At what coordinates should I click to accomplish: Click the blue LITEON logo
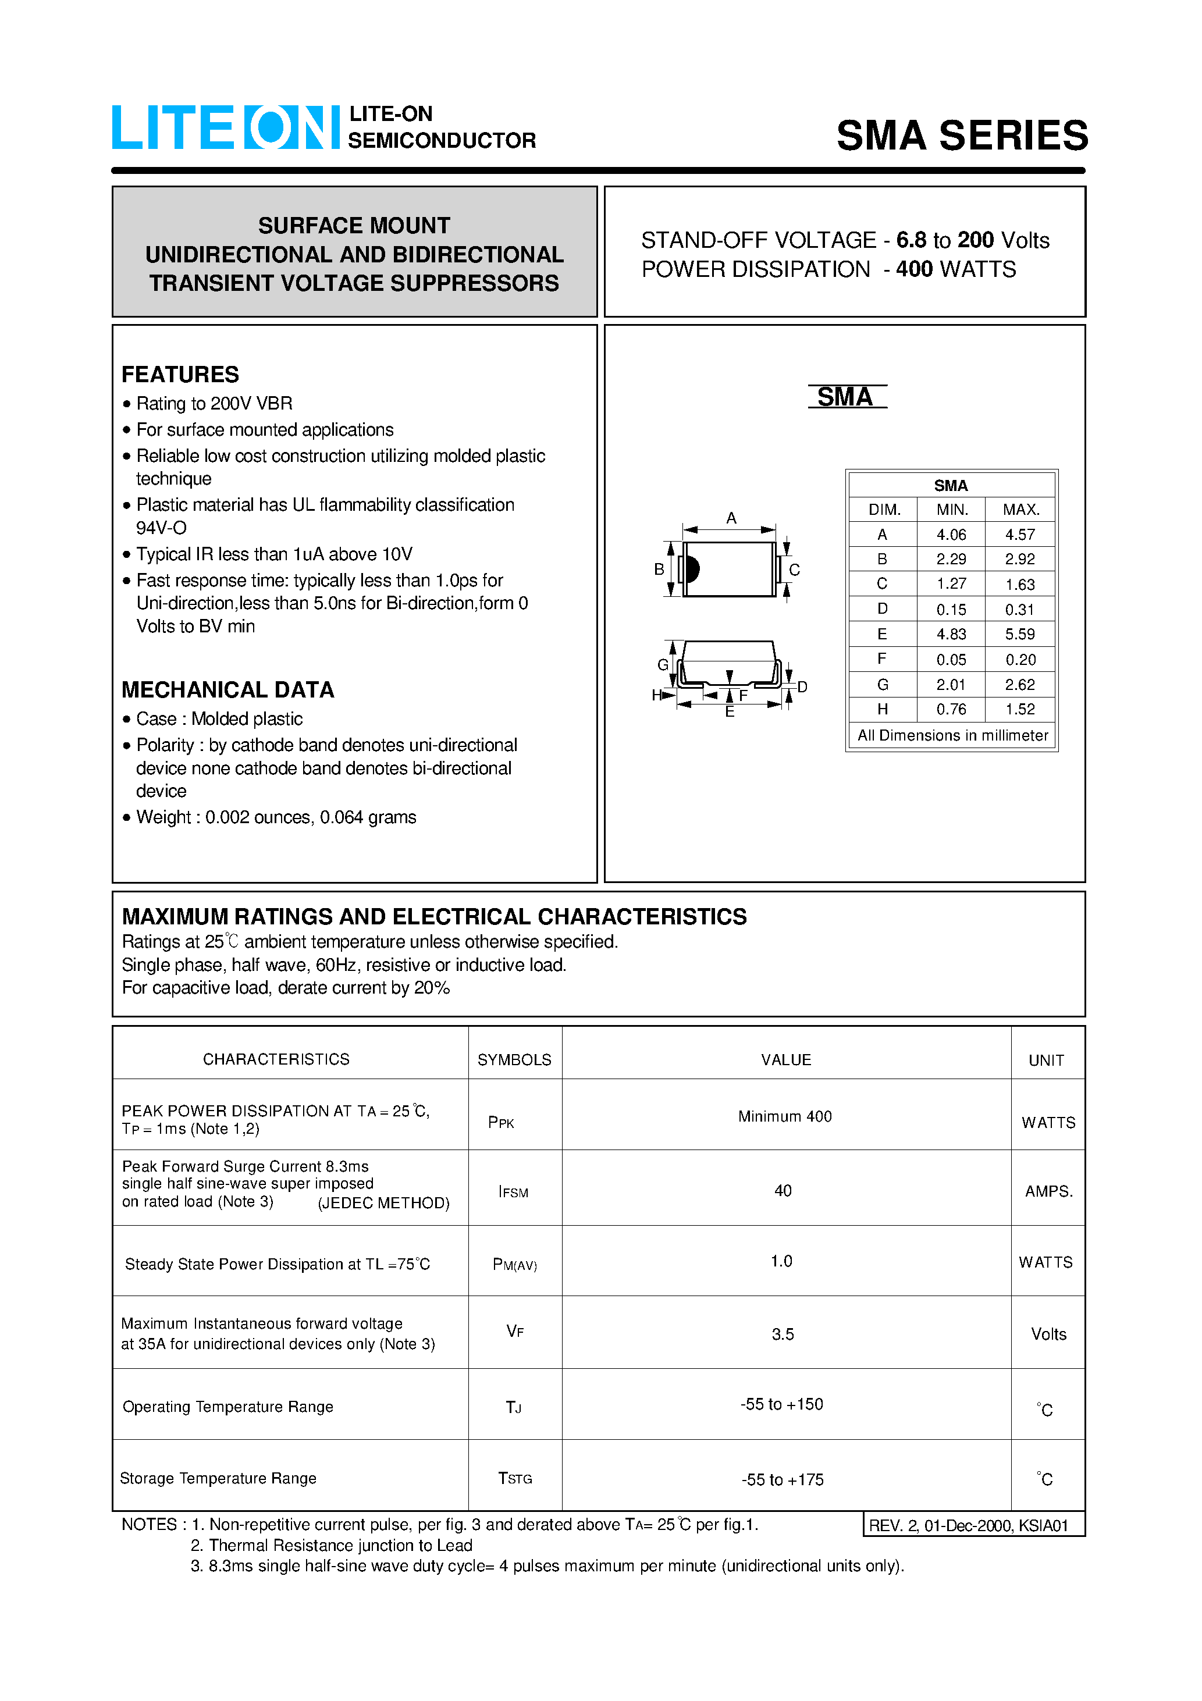pos(225,127)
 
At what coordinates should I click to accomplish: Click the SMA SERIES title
pos(961,136)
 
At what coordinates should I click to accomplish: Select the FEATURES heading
pos(180,375)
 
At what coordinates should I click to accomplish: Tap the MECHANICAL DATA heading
pos(227,690)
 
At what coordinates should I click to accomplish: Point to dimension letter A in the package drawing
pos(731,518)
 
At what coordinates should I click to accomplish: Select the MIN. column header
pos(951,510)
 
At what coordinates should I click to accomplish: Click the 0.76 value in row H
pos(951,710)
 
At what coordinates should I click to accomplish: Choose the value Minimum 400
pos(785,1116)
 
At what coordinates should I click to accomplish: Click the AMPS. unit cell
pos(1048,1191)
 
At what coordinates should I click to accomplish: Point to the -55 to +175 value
pos(783,1480)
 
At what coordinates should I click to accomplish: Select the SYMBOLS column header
pos(514,1060)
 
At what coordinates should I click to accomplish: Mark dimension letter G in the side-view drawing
pos(663,664)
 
